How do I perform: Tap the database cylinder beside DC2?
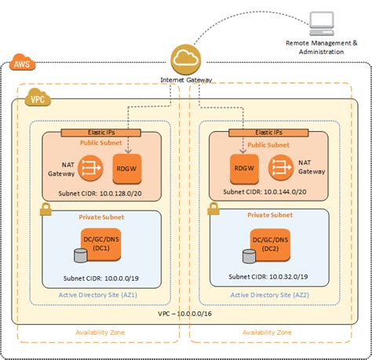(x=249, y=256)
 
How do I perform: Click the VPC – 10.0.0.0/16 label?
(x=186, y=313)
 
